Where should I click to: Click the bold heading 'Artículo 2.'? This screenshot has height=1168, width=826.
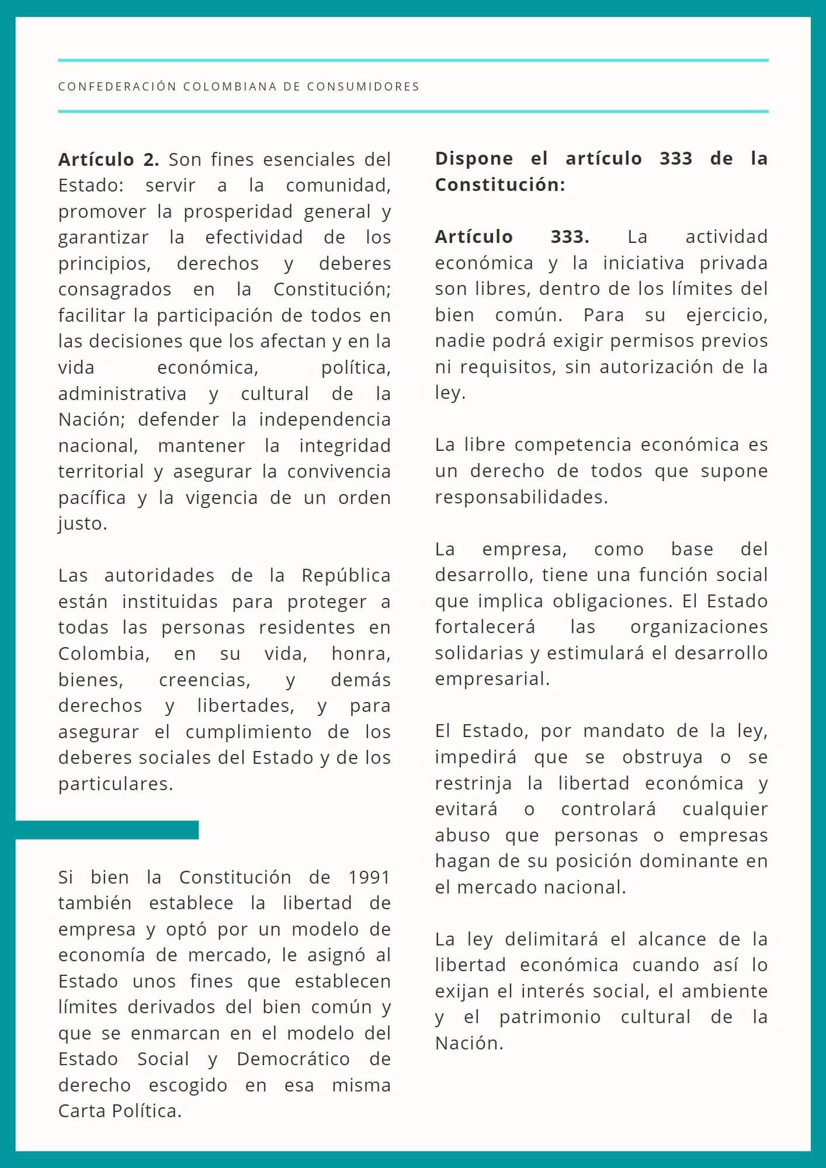[x=108, y=159]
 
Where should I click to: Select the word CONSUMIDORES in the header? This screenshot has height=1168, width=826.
[x=363, y=86]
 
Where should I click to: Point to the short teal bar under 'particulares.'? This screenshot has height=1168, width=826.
[x=107, y=830]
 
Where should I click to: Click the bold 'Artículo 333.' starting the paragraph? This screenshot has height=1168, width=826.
[x=512, y=237]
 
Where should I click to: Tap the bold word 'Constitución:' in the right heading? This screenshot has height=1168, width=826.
[x=500, y=185]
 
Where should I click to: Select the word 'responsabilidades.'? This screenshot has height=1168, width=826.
[x=521, y=497]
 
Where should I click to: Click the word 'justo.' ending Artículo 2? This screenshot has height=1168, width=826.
[x=82, y=523]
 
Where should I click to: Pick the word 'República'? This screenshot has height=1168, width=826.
[x=346, y=575]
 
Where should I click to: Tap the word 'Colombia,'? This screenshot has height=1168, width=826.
[x=103, y=653]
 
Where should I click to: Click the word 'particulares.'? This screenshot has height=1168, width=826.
[x=116, y=784]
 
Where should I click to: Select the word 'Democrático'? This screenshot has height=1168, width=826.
[x=293, y=1059]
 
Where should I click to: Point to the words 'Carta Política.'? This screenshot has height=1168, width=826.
[x=120, y=1111]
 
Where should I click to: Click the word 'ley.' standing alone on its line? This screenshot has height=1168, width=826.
[x=450, y=392]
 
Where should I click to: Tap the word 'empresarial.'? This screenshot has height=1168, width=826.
[x=492, y=679]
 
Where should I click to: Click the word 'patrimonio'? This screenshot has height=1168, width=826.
[x=550, y=1017]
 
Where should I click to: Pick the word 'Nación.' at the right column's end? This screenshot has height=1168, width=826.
[x=469, y=1043]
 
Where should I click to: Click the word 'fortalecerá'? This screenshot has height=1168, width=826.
[x=485, y=627]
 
